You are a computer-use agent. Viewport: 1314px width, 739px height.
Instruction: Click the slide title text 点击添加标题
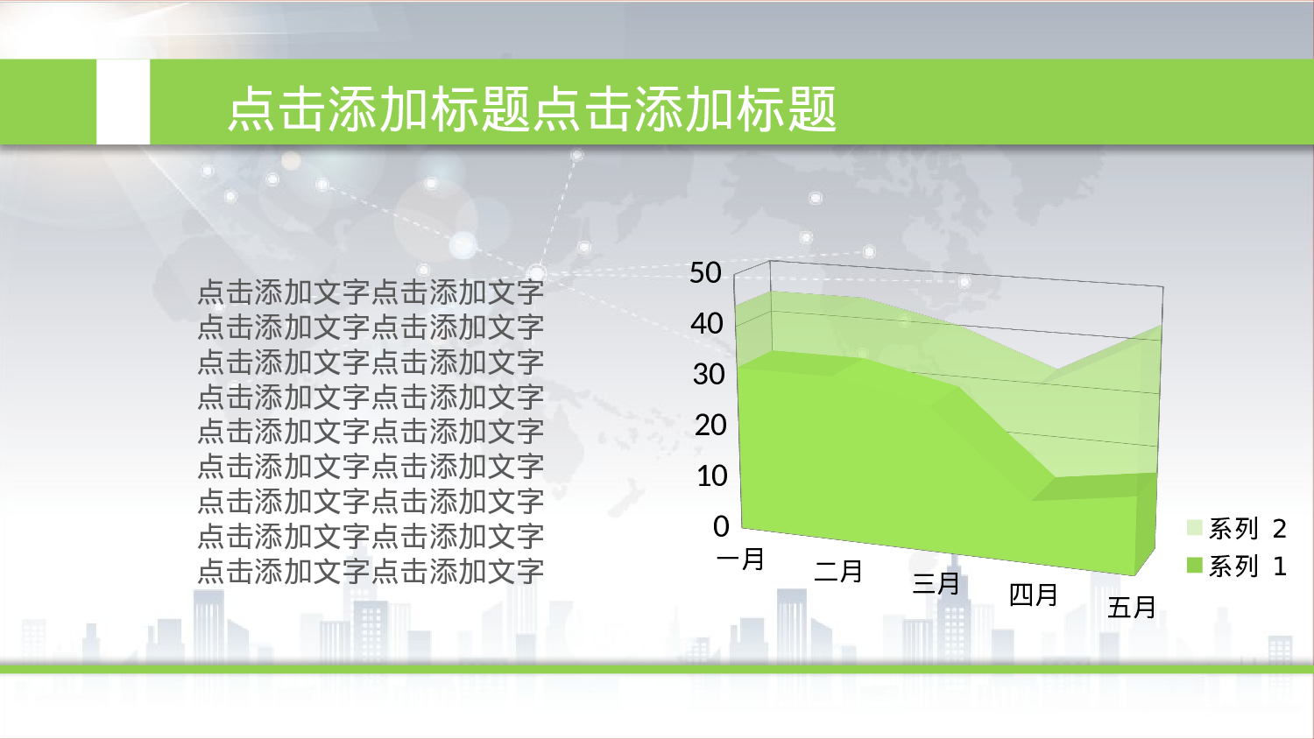532,109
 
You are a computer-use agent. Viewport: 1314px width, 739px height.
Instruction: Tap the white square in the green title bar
123,102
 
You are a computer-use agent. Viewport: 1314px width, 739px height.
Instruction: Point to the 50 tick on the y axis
705,273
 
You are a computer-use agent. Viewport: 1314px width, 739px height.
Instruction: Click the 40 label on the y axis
706,324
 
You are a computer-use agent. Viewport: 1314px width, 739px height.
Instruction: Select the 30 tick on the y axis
709,375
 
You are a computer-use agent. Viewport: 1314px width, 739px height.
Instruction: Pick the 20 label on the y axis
710,426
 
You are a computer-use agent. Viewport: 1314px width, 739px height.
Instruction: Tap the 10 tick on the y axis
711,476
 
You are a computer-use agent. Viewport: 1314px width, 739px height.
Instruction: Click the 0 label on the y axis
721,526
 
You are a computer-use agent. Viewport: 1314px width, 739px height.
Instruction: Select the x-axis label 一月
741,559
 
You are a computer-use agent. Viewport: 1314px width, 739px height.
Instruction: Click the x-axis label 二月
839,571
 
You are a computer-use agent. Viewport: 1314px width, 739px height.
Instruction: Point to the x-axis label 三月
936,583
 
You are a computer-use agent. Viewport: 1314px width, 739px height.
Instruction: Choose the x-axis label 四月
1034,595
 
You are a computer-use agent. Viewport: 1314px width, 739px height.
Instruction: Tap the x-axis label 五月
1132,607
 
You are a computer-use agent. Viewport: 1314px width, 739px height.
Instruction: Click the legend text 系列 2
1247,528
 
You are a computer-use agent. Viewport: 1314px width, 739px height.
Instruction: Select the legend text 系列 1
1247,567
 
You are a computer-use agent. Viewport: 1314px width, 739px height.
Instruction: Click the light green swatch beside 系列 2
1195,527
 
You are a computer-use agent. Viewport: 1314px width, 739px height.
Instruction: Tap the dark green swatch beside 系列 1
1195,566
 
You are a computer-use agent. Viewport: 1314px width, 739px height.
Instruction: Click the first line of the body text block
371,292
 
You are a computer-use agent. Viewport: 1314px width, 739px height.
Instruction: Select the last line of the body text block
371,571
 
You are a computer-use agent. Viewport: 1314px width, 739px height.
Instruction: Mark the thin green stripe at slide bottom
657,669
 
